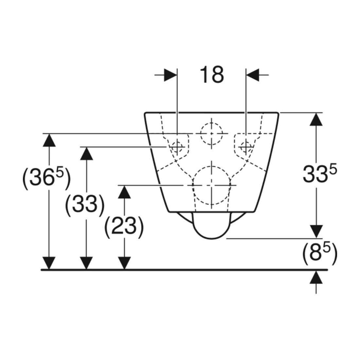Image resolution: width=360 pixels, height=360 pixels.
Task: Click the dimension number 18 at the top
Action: [212, 75]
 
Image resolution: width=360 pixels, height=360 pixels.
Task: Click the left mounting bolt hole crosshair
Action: [177, 146]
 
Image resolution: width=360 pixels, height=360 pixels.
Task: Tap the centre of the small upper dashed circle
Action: [211, 134]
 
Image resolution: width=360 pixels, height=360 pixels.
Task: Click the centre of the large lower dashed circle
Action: [211, 185]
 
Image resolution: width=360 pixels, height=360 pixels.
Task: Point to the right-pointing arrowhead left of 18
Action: [171, 75]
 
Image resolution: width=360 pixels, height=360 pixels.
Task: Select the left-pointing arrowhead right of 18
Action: [253, 75]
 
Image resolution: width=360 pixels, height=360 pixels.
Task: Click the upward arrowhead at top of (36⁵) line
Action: [49, 140]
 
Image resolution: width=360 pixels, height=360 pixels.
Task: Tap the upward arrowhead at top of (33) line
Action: [86, 153]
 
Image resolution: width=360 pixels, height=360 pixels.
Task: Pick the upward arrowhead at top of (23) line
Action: [124, 192]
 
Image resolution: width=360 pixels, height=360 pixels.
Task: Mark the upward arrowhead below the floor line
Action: [316, 277]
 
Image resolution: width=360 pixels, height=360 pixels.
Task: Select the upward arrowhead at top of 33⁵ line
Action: [316, 119]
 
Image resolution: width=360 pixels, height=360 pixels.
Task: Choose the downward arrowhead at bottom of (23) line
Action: [124, 263]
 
